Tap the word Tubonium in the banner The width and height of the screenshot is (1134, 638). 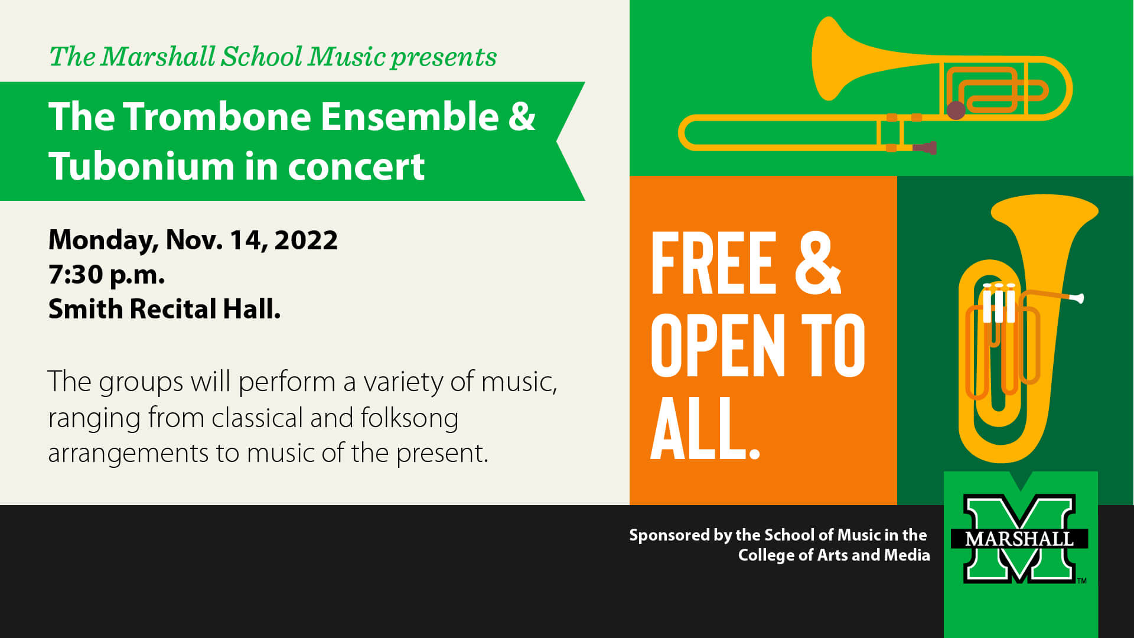141,167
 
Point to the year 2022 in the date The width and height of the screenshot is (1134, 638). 306,240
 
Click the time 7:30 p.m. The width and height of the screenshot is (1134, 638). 106,275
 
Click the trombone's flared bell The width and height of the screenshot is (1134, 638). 830,59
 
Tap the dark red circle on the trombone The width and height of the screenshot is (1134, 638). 956,110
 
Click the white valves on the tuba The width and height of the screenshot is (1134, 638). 999,303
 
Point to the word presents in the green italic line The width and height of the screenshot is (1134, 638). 443,57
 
